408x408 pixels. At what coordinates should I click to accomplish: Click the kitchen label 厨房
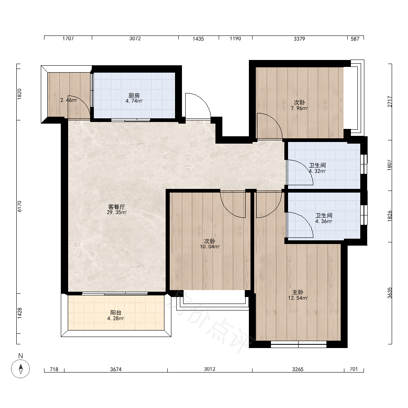click(134, 95)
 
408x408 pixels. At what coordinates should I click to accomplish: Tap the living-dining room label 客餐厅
click(117, 207)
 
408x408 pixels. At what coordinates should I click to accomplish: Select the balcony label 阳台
click(116, 313)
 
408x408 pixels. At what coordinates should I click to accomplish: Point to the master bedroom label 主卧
click(298, 292)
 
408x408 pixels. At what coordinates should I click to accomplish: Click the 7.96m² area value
click(299, 108)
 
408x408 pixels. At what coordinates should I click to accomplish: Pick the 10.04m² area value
click(210, 247)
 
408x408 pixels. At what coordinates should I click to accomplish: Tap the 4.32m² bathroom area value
click(317, 171)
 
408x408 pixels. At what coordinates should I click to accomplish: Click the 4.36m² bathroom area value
click(324, 222)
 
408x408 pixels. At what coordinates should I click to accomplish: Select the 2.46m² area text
click(69, 100)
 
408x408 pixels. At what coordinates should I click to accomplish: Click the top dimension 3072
click(135, 38)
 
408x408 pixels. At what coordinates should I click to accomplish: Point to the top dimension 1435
click(198, 39)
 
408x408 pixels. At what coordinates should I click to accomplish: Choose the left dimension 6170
click(20, 206)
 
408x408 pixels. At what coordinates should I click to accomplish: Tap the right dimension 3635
click(390, 293)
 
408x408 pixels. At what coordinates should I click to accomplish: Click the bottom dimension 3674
click(116, 369)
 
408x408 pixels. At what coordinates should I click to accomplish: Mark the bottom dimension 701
click(354, 369)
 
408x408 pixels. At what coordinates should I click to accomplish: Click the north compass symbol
click(20, 369)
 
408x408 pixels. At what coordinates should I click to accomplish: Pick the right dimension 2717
click(390, 102)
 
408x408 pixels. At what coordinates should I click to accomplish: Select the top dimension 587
click(355, 39)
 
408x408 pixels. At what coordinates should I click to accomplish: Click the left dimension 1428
click(20, 313)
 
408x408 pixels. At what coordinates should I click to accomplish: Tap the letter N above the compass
click(20, 356)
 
